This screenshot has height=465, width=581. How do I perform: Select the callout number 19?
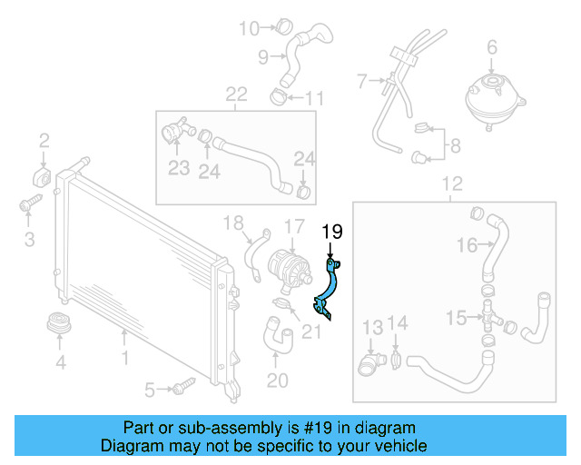[332, 232]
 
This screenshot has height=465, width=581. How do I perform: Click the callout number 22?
[236, 94]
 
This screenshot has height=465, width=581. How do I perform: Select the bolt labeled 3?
[27, 205]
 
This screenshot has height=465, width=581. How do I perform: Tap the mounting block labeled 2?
[44, 173]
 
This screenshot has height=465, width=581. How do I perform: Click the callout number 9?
[263, 57]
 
